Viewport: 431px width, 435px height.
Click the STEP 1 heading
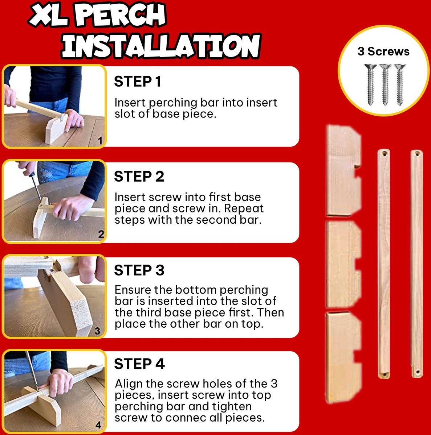138,82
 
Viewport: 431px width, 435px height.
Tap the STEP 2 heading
139,176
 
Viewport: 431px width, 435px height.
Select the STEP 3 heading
139,270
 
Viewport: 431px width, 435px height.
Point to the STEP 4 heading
139,364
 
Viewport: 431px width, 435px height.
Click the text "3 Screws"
383,51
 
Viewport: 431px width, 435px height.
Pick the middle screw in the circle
385,85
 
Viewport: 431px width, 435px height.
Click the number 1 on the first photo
100,141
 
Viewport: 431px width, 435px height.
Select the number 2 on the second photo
101,234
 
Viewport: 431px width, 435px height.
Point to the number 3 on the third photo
97,331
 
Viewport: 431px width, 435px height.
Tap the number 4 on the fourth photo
98,425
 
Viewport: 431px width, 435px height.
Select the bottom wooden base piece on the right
343,357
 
